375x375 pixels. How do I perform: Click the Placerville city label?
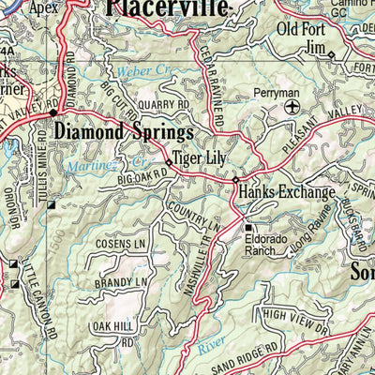[x=166, y=9]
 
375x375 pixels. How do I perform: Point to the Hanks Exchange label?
[x=287, y=193]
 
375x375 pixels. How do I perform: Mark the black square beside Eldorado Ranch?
[x=248, y=227]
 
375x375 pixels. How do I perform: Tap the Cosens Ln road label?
[x=121, y=244]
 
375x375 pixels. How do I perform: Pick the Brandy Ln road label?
[x=121, y=281]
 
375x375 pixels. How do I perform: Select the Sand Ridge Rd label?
[x=243, y=357]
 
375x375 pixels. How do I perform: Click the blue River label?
[x=212, y=349]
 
